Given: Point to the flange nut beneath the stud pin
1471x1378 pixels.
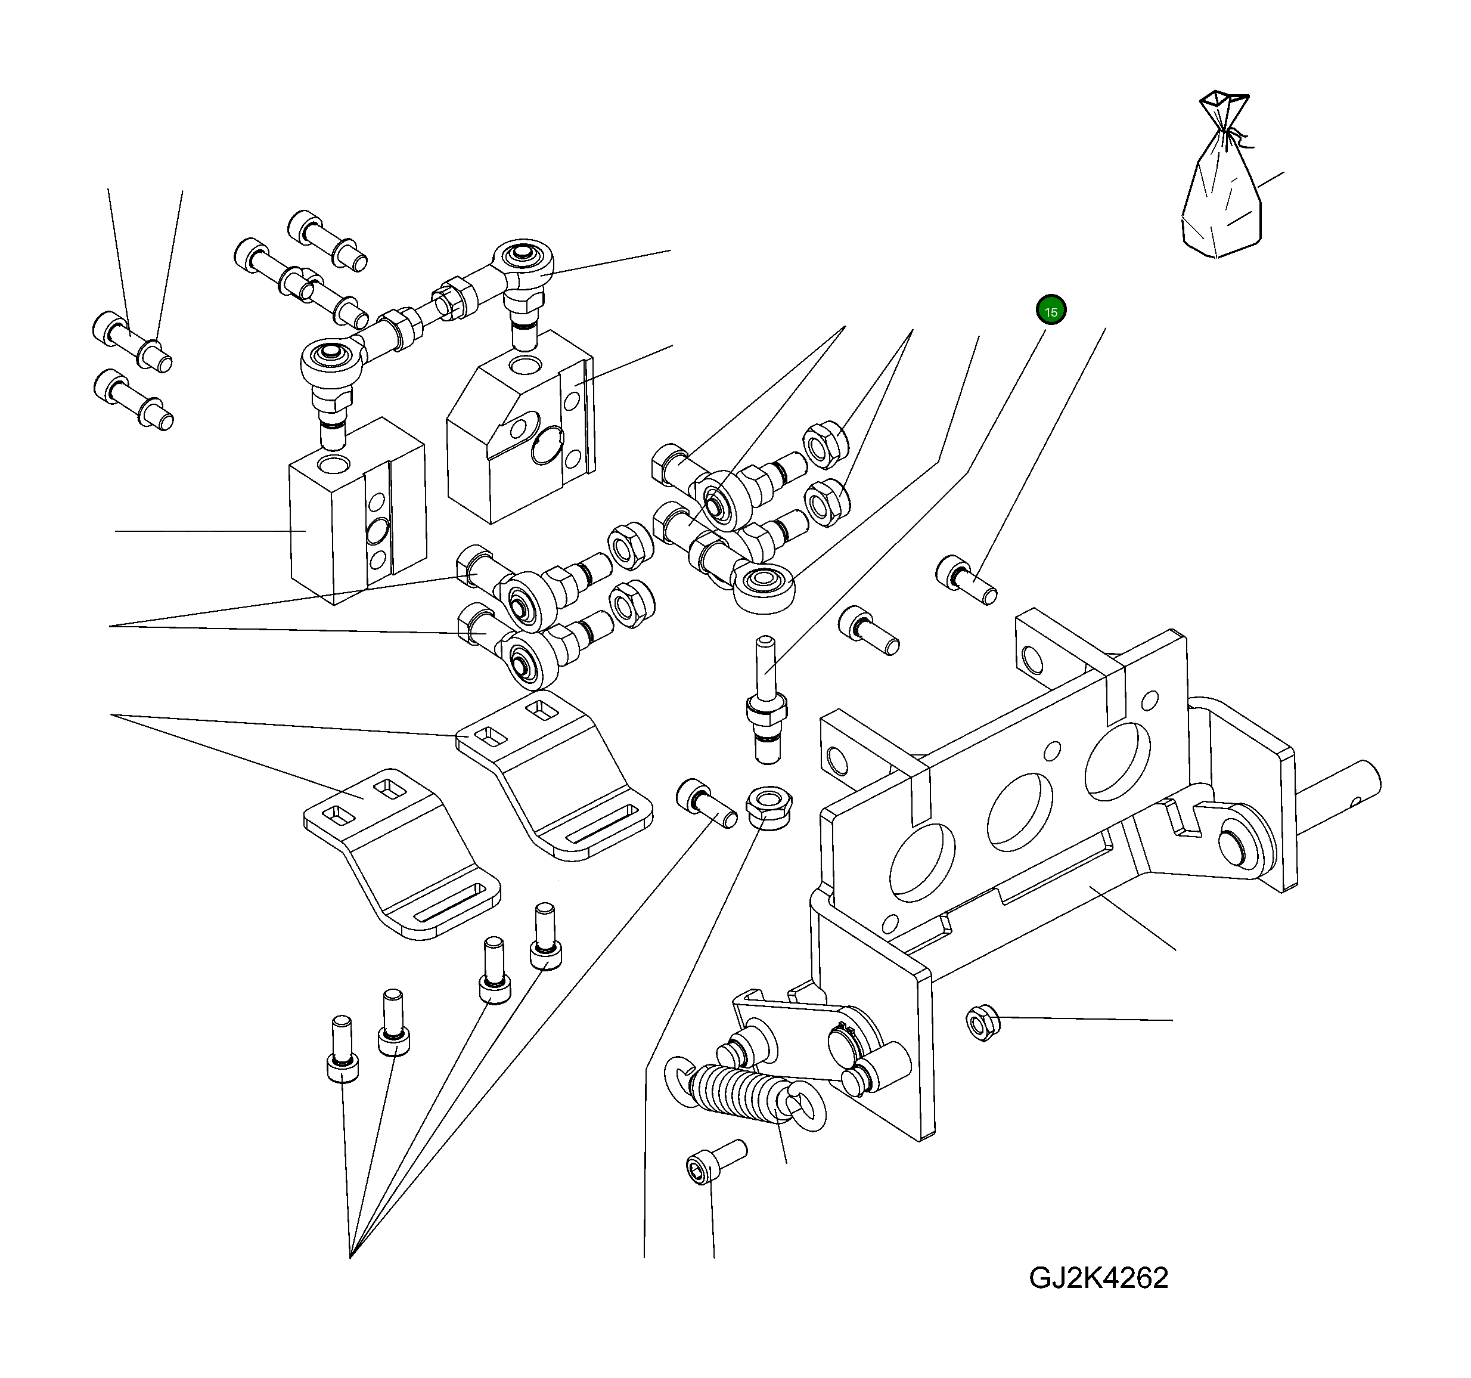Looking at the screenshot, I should [769, 807].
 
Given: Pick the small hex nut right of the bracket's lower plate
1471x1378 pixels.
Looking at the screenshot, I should [983, 1023].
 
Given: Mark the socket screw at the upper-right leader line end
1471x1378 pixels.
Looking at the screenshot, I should [965, 580].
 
